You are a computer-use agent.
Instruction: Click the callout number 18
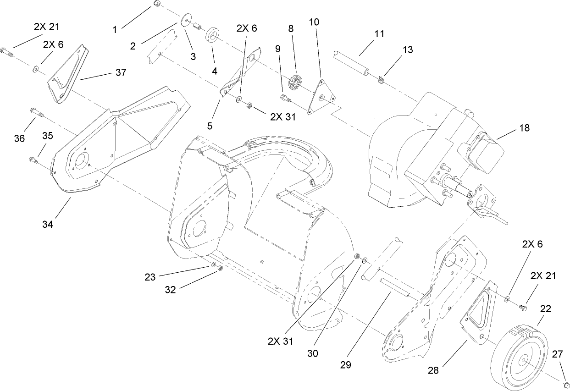(524, 128)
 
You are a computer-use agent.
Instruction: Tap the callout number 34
(48, 224)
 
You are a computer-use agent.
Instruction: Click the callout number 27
(558, 353)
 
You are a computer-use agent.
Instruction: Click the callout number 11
(379, 34)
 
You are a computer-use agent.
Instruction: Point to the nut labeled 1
(156, 4)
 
